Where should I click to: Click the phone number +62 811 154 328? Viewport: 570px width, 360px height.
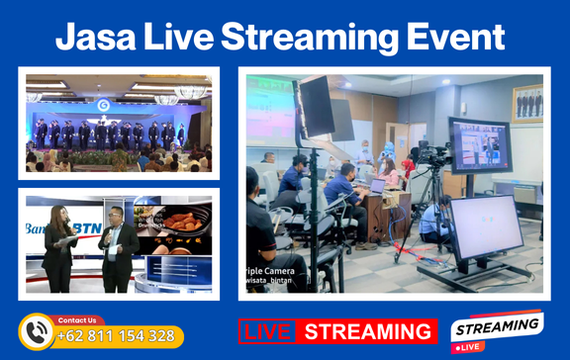click(116, 336)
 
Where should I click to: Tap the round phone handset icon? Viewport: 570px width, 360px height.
click(38, 332)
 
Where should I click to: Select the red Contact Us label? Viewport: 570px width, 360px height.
click(78, 320)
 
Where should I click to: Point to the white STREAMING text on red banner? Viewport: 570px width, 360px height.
click(368, 331)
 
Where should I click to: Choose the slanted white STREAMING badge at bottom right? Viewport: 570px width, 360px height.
click(496, 327)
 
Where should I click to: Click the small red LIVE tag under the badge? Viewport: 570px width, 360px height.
click(469, 347)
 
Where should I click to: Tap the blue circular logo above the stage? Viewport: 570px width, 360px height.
click(103, 104)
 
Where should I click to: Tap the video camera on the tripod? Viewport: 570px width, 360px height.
click(431, 156)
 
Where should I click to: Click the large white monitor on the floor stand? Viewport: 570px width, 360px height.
click(485, 228)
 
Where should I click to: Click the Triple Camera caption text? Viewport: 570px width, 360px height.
click(273, 269)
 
